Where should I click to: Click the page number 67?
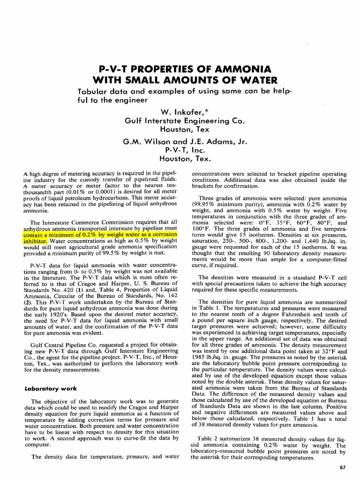pyautogui.click(x=343, y=467)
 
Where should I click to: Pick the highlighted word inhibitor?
pyautogui.click(x=35, y=240)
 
